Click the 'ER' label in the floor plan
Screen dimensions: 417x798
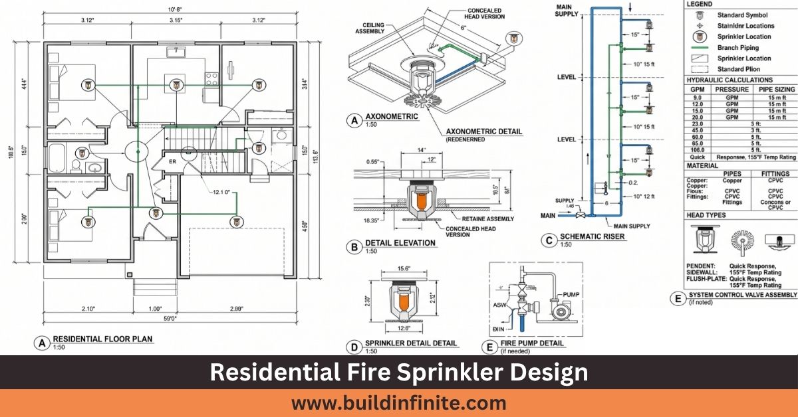(172, 161)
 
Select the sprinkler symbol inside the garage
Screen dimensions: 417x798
(234, 222)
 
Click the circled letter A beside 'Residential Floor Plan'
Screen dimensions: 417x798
(41, 343)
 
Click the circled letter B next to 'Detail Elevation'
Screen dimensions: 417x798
(354, 247)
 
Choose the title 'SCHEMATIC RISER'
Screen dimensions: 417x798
(592, 236)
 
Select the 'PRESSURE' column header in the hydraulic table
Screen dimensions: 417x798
(731, 89)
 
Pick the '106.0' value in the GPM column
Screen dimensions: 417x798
(697, 149)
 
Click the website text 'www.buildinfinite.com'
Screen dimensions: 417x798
(398, 402)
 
